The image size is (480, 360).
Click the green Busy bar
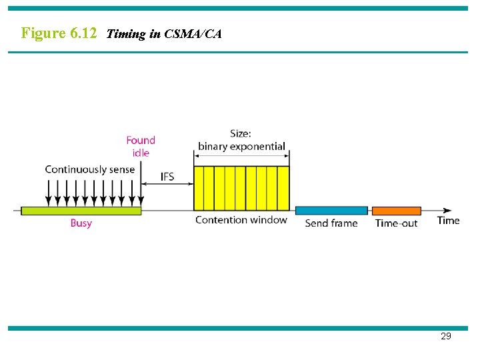pyautogui.click(x=81, y=211)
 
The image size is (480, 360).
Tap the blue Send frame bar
pyautogui.click(x=331, y=211)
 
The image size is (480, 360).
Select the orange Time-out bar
pyautogui.click(x=396, y=211)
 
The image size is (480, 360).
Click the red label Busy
pyautogui.click(x=81, y=223)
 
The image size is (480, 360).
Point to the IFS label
pyautogui.click(x=168, y=177)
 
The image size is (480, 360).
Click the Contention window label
pyautogui.click(x=241, y=220)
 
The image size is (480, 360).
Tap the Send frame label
pyautogui.click(x=331, y=223)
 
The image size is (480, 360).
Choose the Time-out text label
pyautogui.click(x=396, y=223)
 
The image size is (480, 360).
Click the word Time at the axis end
pyautogui.click(x=448, y=220)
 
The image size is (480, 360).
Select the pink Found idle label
pyautogui.click(x=141, y=146)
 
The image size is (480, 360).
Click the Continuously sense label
pyautogui.click(x=89, y=169)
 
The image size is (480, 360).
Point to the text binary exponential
pyautogui.click(x=241, y=146)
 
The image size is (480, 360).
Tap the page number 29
pyautogui.click(x=446, y=336)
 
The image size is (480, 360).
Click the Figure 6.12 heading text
pyautogui.click(x=59, y=33)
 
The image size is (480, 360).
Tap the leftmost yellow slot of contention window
pyautogui.click(x=199, y=188)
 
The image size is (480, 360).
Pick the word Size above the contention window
pyautogui.click(x=240, y=134)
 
